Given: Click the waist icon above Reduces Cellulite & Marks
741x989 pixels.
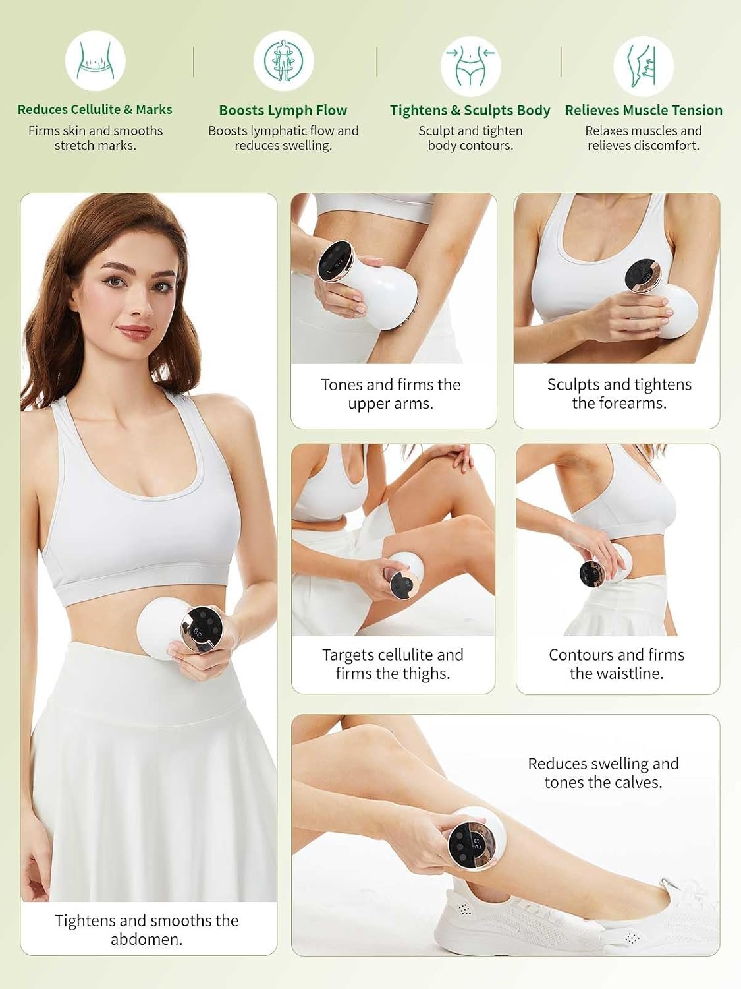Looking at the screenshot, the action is [95, 61].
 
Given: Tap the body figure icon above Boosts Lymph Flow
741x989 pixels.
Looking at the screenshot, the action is [283, 61].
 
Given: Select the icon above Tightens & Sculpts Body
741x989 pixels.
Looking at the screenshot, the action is [470, 66].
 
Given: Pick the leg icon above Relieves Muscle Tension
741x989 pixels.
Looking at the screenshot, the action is [644, 66].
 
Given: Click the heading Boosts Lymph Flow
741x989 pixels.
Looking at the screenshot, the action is [283, 110].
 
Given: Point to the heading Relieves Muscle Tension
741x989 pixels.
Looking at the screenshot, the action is [644, 110].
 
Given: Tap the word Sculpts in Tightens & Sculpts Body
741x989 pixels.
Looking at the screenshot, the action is [488, 110].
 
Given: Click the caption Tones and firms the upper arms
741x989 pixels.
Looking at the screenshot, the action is [391, 394].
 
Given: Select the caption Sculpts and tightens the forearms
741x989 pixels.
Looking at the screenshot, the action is [619, 394].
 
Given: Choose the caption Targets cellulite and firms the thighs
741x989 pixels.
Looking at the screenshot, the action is [393, 664].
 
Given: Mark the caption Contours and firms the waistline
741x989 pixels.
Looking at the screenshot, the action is [617, 664].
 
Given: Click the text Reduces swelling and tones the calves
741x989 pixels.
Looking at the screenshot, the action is [603, 773].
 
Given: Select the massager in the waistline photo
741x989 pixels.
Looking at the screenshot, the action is [605, 565].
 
